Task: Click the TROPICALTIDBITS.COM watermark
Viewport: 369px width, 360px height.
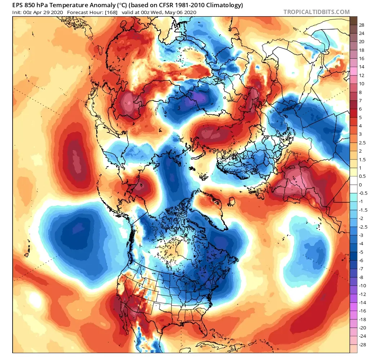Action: pos(316,12)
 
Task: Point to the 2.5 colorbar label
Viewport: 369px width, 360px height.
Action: pos(363,143)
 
